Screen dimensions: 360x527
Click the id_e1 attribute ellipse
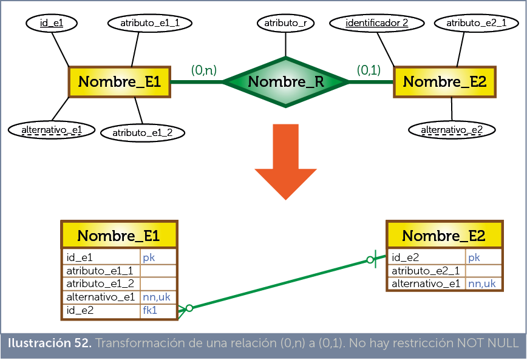pyautogui.click(x=52, y=23)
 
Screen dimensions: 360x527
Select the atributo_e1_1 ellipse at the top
pyautogui.click(x=149, y=23)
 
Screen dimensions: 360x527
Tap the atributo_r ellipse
pyautogui.click(x=285, y=23)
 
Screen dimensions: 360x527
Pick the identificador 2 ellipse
pyautogui.click(x=376, y=23)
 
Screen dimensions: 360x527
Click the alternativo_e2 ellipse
pyautogui.click(x=452, y=129)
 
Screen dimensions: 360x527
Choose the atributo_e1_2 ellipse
pyautogui.click(x=142, y=132)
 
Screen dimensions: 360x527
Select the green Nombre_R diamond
pyautogui.click(x=285, y=82)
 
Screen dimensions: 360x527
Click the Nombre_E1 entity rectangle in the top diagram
pyautogui.click(x=119, y=82)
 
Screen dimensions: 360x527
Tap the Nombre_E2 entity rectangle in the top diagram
pyautogui.click(x=444, y=82)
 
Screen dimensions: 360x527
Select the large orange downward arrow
pyautogui.click(x=285, y=161)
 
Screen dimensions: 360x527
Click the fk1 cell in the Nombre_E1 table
pyautogui.click(x=157, y=310)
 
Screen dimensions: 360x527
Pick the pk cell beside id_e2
pyautogui.click(x=483, y=257)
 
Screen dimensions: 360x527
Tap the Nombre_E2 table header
pyautogui.click(x=444, y=236)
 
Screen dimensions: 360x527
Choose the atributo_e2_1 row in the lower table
pyautogui.click(x=426, y=271)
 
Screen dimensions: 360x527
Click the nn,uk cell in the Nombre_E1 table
pyautogui.click(x=157, y=297)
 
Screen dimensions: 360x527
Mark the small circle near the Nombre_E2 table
pyautogui.click(x=370, y=260)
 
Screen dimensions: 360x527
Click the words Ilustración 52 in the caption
pyautogui.click(x=49, y=344)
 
